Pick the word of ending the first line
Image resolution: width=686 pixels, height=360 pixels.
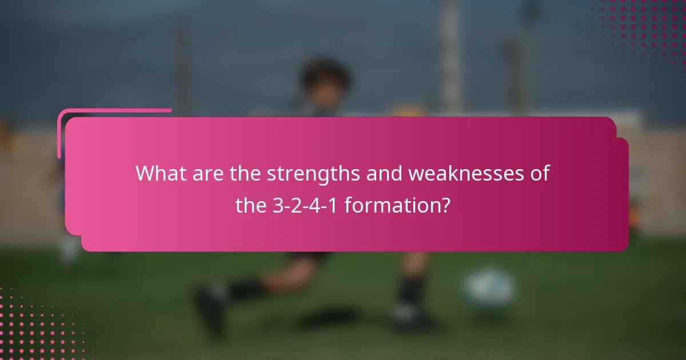(x=540, y=173)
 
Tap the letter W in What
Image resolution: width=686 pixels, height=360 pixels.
(x=145, y=173)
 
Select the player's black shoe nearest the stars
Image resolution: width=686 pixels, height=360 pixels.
(x=209, y=311)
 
